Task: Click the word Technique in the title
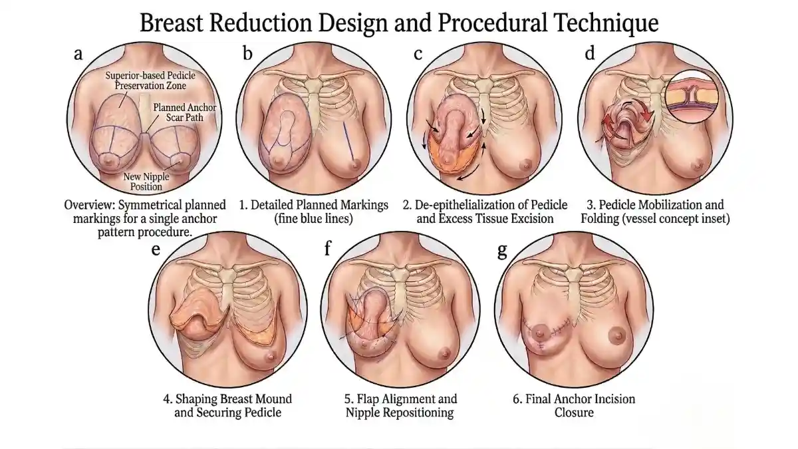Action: [x=603, y=23]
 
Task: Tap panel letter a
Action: [x=78, y=54]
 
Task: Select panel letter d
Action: [x=590, y=53]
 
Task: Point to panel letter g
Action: [x=502, y=251]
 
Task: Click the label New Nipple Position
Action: [x=146, y=182]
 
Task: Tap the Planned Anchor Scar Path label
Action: [x=185, y=112]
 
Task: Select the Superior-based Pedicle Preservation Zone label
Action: [x=150, y=80]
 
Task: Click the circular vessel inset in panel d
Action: [x=692, y=96]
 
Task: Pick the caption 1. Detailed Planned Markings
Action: [x=313, y=205]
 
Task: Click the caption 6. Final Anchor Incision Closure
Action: [x=574, y=406]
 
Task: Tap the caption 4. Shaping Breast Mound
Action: [x=227, y=398]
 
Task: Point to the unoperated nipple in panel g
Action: [x=617, y=335]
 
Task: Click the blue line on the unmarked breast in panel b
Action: [x=348, y=141]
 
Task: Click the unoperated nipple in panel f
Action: [x=445, y=354]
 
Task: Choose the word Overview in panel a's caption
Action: [x=88, y=205]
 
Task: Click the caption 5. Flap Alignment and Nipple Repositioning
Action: [x=400, y=406]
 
